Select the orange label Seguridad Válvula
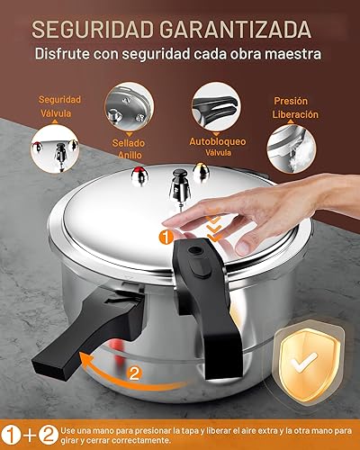(x=60, y=106)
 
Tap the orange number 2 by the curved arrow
(x=133, y=372)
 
